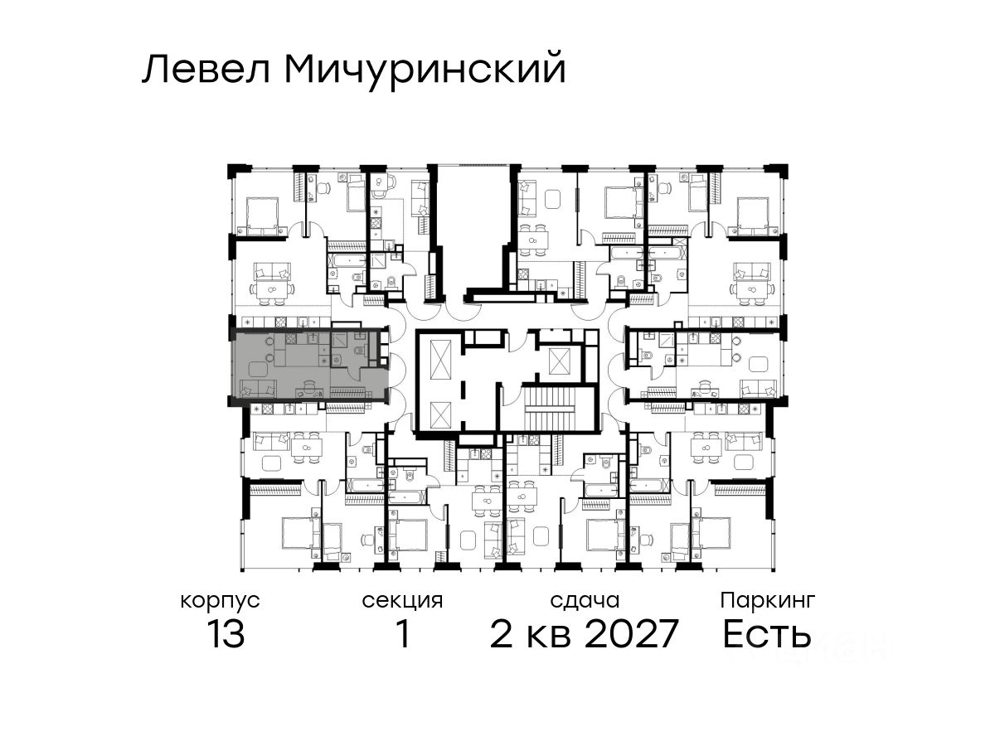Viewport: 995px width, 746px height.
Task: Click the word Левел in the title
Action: click(x=206, y=70)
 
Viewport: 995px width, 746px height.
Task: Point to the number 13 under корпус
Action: click(x=226, y=633)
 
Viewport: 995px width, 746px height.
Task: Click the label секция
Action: click(x=402, y=602)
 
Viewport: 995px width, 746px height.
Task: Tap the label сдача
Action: click(x=585, y=601)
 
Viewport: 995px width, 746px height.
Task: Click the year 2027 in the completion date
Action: click(x=631, y=633)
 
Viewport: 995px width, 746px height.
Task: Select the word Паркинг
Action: click(x=768, y=602)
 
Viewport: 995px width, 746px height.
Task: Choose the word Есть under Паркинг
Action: click(x=766, y=633)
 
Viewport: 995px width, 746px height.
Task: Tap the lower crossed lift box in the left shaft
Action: click(x=440, y=414)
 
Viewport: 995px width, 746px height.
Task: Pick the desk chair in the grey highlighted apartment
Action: click(x=308, y=386)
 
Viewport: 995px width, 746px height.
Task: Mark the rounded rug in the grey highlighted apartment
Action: click(x=258, y=369)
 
